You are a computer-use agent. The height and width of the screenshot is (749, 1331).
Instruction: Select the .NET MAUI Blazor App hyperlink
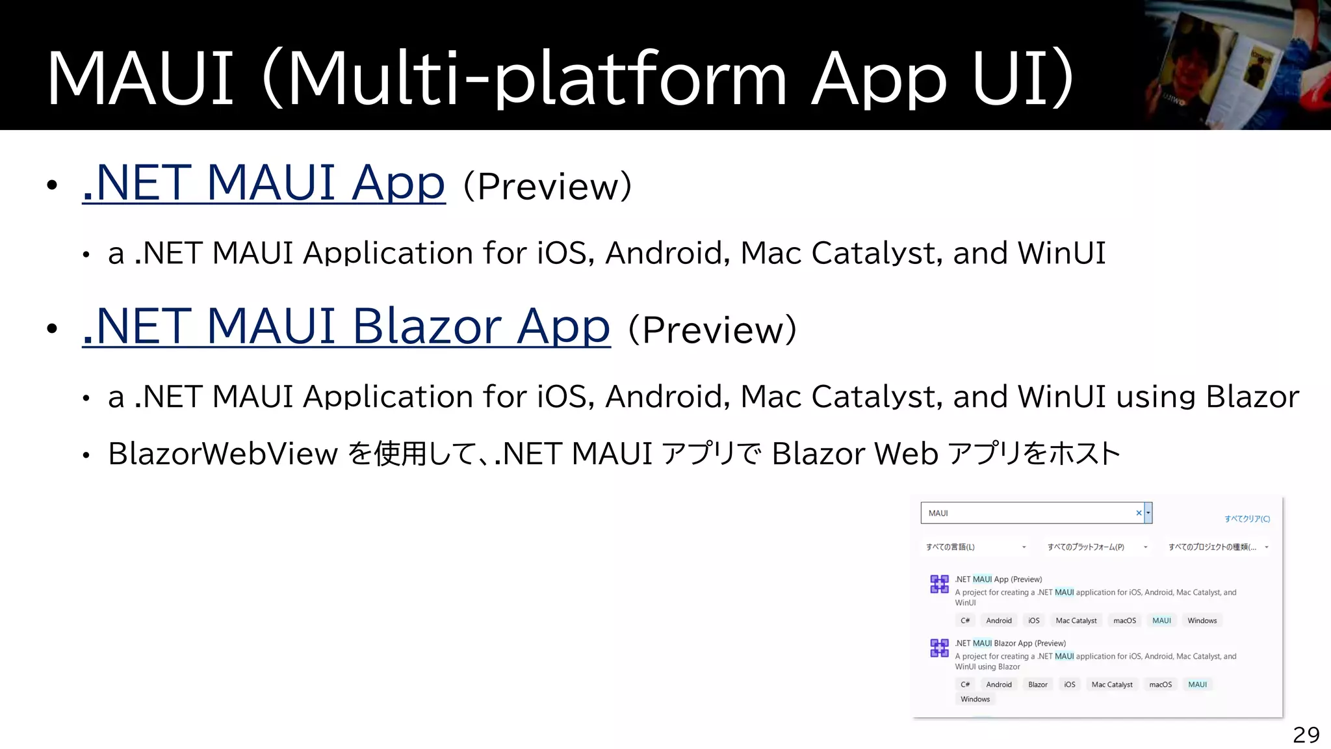tap(346, 326)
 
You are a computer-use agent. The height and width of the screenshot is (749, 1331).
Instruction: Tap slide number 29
tap(1306, 735)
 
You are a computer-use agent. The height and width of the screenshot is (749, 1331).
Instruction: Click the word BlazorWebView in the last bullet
tap(223, 454)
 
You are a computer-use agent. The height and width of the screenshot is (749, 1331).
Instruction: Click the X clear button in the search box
tap(1139, 513)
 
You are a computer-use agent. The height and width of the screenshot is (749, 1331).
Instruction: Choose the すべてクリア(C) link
tap(1247, 519)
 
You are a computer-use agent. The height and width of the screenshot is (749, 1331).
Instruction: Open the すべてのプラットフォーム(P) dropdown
tap(1097, 547)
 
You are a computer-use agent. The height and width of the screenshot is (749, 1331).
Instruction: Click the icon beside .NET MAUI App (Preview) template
tap(939, 584)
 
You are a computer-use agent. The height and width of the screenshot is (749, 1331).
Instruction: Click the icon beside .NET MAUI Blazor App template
tap(939, 648)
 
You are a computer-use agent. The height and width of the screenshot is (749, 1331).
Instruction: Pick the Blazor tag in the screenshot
tap(1037, 685)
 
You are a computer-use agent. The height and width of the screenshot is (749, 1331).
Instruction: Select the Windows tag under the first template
tap(1202, 621)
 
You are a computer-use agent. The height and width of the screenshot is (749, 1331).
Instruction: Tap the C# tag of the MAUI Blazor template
tap(965, 685)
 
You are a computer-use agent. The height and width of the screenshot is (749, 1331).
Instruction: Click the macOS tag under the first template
tap(1124, 621)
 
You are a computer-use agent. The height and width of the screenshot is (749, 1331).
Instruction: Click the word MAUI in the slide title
tap(140, 78)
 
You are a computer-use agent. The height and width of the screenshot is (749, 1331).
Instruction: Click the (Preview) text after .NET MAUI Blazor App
tap(712, 330)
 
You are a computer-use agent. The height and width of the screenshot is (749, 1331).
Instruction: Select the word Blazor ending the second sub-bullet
tap(1252, 397)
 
